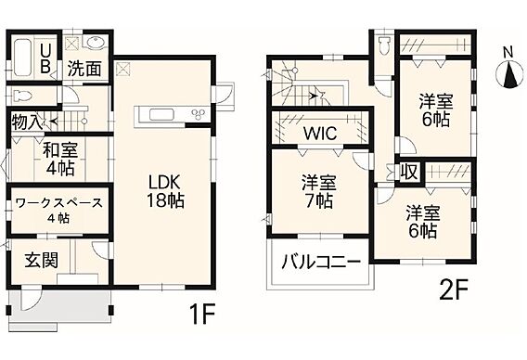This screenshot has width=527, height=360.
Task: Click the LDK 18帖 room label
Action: coord(165,191)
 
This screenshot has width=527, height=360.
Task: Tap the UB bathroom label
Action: coord(45,58)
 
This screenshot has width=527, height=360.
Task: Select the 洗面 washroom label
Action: coord(84,69)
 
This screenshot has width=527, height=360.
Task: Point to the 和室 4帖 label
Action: coord(60,159)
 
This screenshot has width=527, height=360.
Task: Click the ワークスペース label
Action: coord(59,203)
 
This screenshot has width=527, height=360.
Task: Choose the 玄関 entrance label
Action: coord(42,260)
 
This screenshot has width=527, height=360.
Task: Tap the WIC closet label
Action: coord(320,133)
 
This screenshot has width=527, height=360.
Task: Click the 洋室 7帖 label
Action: coord(318,191)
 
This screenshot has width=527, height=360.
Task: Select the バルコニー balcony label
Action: coord(321,263)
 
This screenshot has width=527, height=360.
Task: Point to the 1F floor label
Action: coord(202,314)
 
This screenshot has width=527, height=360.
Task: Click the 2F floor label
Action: coord(454,289)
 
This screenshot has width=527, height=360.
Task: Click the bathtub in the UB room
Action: coord(23,58)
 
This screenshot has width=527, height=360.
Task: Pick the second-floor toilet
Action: coord(383,45)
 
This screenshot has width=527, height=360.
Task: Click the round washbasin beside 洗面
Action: coord(96,43)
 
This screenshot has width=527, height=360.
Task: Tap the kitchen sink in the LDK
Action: coord(161,115)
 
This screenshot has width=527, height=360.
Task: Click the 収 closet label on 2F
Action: coord(409,172)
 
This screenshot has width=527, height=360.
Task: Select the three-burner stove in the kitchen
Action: coord(198,114)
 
